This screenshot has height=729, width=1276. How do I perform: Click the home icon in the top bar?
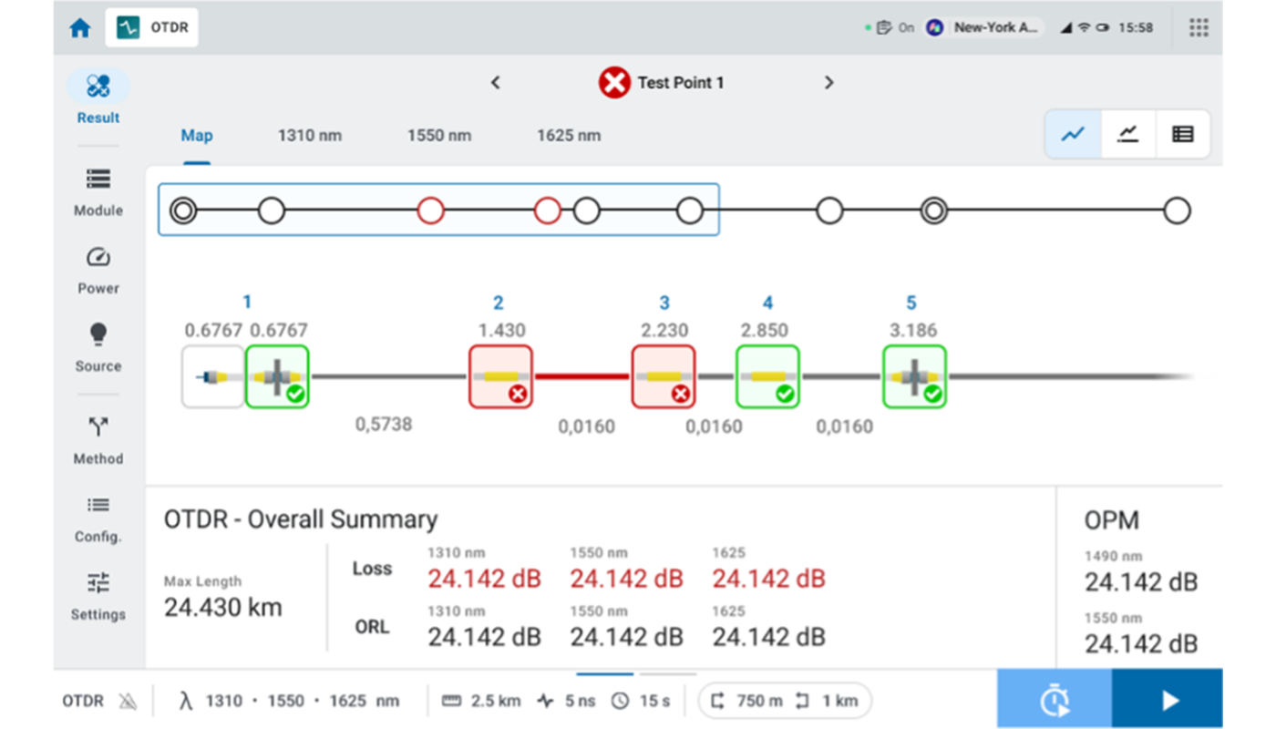[80, 28]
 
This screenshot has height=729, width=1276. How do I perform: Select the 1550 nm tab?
[439, 136]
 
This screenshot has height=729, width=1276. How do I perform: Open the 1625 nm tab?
[569, 136]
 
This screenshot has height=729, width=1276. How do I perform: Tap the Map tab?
[197, 136]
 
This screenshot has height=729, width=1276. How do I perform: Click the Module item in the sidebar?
[98, 191]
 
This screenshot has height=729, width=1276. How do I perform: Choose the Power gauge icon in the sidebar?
[98, 258]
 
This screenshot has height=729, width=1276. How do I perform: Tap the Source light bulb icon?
[98, 335]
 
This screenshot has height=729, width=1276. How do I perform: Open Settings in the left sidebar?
[98, 594]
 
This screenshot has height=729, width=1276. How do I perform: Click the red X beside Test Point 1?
[614, 83]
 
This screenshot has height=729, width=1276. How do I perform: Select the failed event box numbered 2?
[500, 376]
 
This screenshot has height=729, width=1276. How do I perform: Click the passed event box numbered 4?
[767, 376]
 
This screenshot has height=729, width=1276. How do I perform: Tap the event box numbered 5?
[914, 376]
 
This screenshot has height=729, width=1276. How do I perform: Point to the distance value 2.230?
[664, 330]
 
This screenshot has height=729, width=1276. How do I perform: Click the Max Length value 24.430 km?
[223, 608]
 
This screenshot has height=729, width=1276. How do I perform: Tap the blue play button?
[1168, 700]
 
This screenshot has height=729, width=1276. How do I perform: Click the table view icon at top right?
[1182, 135]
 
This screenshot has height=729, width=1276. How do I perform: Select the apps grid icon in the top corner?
[1199, 28]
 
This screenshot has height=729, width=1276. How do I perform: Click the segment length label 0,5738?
[384, 424]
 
